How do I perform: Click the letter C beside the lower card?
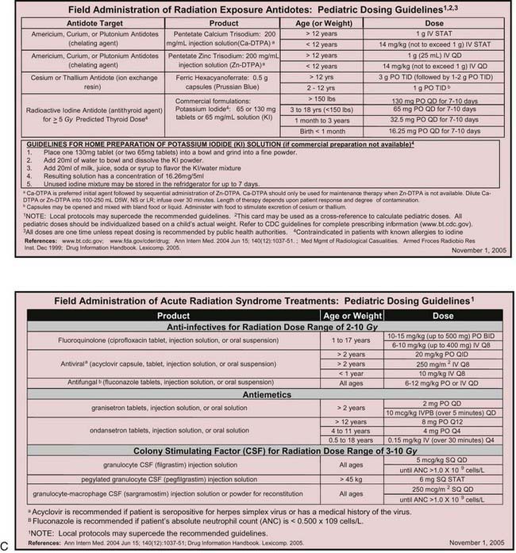pos(6,546)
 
